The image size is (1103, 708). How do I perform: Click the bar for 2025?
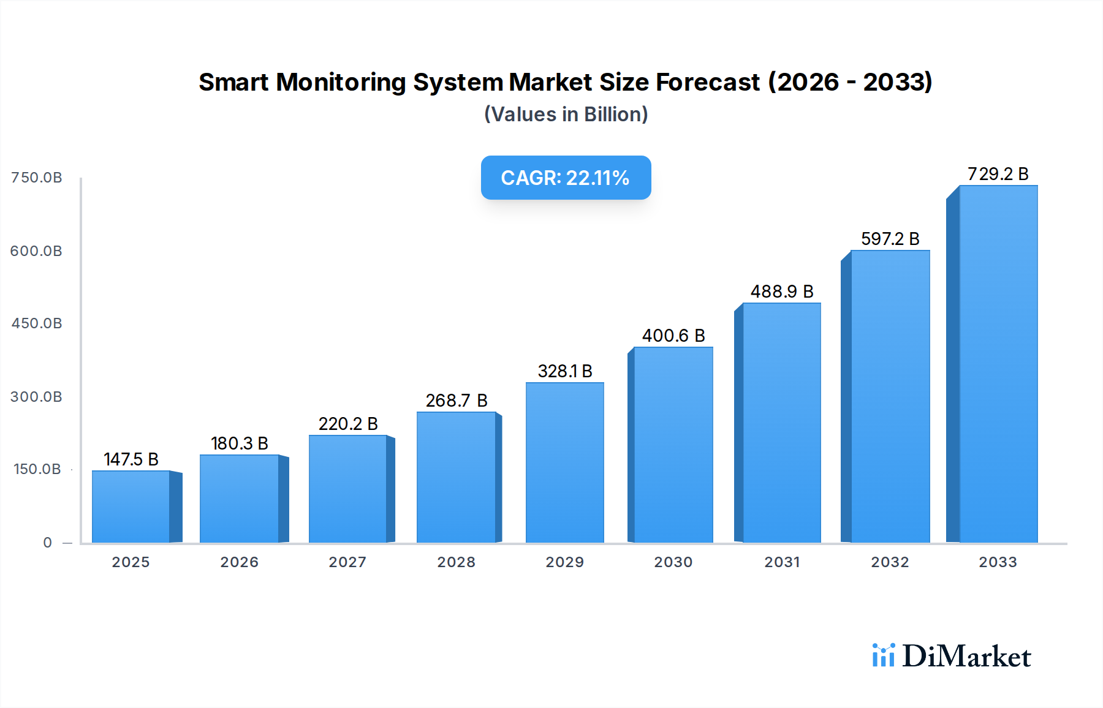(131, 507)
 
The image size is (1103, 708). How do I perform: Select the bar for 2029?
(564, 462)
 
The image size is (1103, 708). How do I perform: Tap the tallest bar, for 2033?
(998, 364)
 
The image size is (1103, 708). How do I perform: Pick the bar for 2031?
(781, 423)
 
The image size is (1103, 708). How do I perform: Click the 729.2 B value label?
(998, 174)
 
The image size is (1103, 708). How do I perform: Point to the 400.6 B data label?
(673, 336)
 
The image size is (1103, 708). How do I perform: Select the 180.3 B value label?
(240, 443)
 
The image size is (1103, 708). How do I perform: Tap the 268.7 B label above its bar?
(457, 401)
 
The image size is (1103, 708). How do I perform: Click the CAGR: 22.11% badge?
(566, 178)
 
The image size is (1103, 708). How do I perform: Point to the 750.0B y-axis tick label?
(37, 178)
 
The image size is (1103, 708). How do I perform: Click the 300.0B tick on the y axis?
(36, 397)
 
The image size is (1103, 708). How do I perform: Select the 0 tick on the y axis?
(47, 543)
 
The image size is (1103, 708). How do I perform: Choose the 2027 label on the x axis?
(347, 562)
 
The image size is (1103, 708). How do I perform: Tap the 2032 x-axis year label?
(890, 562)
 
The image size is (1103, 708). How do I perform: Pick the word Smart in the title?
(233, 82)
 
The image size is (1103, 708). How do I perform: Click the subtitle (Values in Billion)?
(566, 115)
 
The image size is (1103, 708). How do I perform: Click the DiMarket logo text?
(966, 657)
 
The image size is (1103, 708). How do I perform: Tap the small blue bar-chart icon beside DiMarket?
(883, 655)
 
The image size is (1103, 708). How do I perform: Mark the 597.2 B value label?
(890, 239)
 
